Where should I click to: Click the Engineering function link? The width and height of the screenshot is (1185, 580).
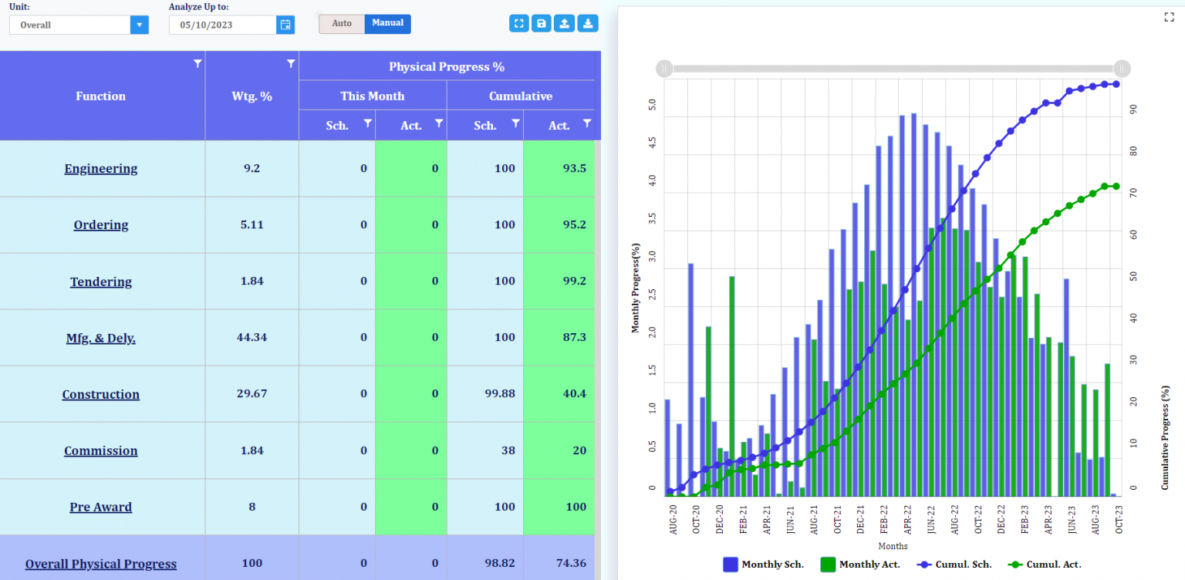pos(101,169)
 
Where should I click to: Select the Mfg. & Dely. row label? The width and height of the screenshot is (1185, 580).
pos(101,338)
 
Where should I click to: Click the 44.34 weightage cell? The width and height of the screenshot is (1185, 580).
pos(252,338)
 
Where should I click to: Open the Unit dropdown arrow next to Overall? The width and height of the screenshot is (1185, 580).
pos(139,25)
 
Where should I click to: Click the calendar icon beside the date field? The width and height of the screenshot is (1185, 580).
pos(285,25)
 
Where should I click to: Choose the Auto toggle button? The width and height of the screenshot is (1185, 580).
pos(342,24)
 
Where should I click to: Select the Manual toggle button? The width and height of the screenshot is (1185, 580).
pos(387,24)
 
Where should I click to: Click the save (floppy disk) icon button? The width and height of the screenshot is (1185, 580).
pos(542,24)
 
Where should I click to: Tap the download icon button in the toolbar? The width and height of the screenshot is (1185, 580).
pos(588,24)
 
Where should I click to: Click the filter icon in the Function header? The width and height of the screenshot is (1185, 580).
pos(197,63)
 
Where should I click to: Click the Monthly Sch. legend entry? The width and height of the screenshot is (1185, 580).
pos(763,565)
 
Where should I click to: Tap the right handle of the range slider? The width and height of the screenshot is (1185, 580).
pos(1122,69)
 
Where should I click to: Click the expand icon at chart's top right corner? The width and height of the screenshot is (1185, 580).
pos(1169,17)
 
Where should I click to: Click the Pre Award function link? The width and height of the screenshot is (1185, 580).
pos(101,507)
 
